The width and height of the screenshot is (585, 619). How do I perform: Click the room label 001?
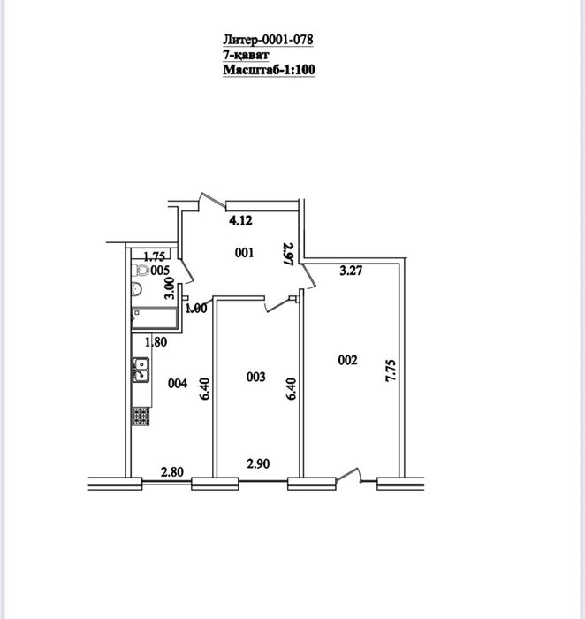pyautogui.click(x=244, y=253)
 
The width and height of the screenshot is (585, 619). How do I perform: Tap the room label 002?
pyautogui.click(x=348, y=360)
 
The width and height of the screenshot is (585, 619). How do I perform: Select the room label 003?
pyautogui.click(x=255, y=377)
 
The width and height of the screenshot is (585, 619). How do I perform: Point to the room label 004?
pyautogui.click(x=178, y=383)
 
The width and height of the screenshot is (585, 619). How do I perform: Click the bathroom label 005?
pyautogui.click(x=160, y=271)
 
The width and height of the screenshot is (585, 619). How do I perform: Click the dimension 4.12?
pyautogui.click(x=240, y=220)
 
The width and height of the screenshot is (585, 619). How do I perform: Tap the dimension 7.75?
pyautogui.click(x=391, y=370)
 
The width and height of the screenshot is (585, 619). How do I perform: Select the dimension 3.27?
pyautogui.click(x=351, y=271)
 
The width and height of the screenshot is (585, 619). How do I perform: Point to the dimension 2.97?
pyautogui.click(x=289, y=254)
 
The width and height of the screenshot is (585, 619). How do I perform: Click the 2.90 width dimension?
pyautogui.click(x=258, y=463)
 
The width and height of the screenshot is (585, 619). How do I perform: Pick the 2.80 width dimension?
pyautogui.click(x=172, y=471)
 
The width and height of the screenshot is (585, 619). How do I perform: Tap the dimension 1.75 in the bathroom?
pyautogui.click(x=155, y=257)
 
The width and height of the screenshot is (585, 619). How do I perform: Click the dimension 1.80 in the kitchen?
pyautogui.click(x=156, y=342)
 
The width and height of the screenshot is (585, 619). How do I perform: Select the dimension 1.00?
pyautogui.click(x=196, y=309)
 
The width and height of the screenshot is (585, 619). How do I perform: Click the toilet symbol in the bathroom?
pyautogui.click(x=141, y=271)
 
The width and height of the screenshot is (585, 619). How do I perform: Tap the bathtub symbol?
pyautogui.click(x=154, y=318)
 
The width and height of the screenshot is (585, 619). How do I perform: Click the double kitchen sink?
pyautogui.click(x=141, y=370)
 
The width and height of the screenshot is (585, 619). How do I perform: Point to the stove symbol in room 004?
pyautogui.click(x=141, y=416)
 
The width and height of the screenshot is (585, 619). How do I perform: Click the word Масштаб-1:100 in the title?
pyautogui.click(x=269, y=70)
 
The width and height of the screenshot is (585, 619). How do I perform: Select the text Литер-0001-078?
pyautogui.click(x=269, y=40)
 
